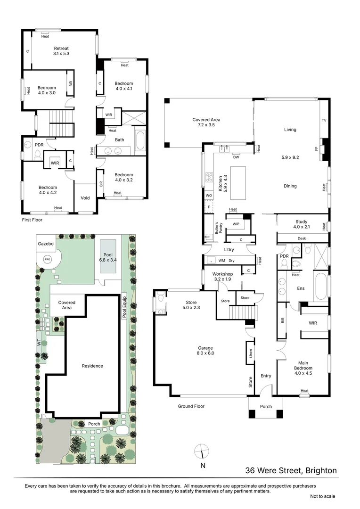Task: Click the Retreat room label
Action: pyautogui.click(x=61, y=51)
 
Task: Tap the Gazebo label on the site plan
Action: pyautogui.click(x=46, y=243)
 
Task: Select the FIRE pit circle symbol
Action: pyautogui.click(x=48, y=259)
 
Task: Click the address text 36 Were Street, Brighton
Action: pyautogui.click(x=291, y=470)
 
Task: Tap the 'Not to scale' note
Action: pyautogui.click(x=322, y=496)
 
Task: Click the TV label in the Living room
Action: pyautogui.click(x=323, y=121)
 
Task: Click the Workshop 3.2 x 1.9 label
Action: pyautogui.click(x=223, y=276)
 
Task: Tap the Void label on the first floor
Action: pyautogui.click(x=85, y=198)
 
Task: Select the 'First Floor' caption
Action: pyautogui.click(x=33, y=220)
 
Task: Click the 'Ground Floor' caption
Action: pyautogui.click(x=191, y=406)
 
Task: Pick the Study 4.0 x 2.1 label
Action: pyautogui.click(x=301, y=224)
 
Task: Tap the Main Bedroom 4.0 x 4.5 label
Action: pyautogui.click(x=303, y=370)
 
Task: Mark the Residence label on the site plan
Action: pyautogui.click(x=92, y=366)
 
